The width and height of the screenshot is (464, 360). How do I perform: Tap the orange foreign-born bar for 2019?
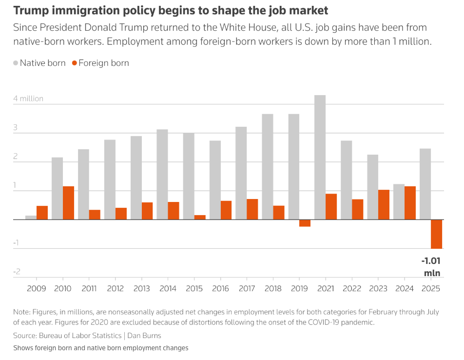click(x=305, y=223)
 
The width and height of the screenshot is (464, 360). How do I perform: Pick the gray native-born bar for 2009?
click(x=31, y=218)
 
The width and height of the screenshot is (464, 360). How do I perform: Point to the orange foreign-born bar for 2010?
click(x=68, y=203)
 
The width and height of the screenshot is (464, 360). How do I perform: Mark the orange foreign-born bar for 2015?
click(x=200, y=217)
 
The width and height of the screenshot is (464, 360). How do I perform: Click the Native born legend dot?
click(x=16, y=63)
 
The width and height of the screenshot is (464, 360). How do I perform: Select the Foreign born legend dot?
click(x=74, y=63)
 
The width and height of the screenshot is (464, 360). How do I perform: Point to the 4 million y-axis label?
click(x=28, y=99)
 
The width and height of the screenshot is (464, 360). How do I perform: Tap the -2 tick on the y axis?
click(x=18, y=271)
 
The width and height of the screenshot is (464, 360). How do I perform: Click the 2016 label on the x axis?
click(x=221, y=288)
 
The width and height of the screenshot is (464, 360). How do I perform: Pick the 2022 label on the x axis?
click(x=352, y=288)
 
